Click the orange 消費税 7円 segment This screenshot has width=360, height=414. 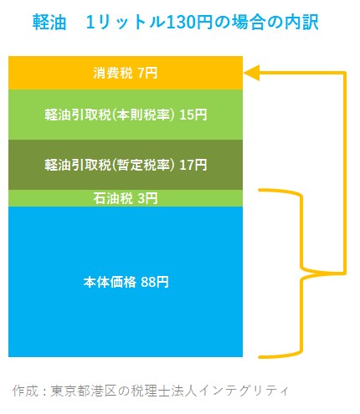coord(126,73)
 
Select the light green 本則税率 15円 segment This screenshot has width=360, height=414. coord(126,115)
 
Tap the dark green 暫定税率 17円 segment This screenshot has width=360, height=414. coord(126,165)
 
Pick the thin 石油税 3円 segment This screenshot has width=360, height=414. coord(126,198)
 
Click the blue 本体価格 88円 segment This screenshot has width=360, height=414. coord(126,282)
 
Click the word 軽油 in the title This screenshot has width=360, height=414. coord(49,22)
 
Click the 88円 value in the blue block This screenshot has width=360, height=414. coord(155,282)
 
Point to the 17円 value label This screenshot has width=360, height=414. coord(193,165)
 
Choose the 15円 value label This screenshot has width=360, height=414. coord(193,115)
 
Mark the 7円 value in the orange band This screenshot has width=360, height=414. coord(147,73)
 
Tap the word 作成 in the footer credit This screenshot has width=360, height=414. coord(25,391)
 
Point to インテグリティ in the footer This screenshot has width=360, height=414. coord(244,391)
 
